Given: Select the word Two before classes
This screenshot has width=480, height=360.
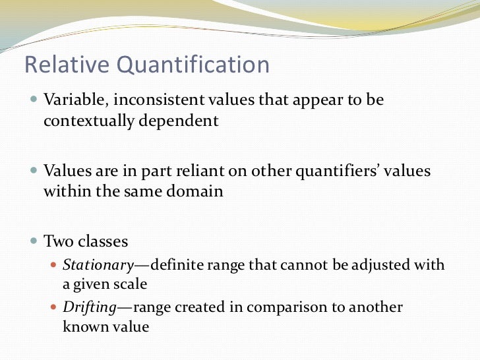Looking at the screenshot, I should pyautogui.click(x=58, y=241).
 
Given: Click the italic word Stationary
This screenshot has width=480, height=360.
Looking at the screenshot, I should pyautogui.click(x=98, y=265).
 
